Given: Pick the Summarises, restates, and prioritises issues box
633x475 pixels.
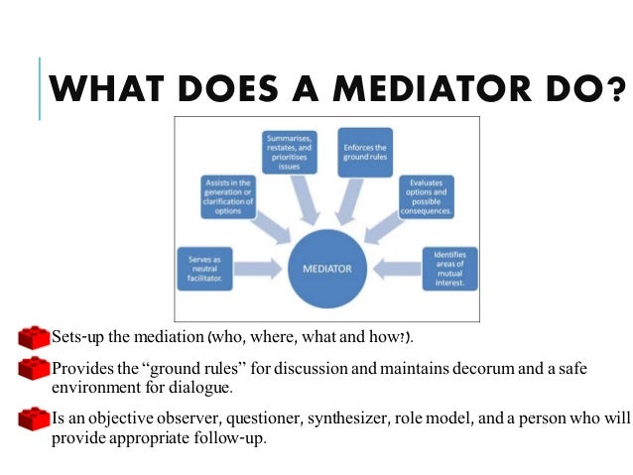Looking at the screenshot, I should coord(290,154).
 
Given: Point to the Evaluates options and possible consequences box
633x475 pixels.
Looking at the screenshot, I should coord(426,196).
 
